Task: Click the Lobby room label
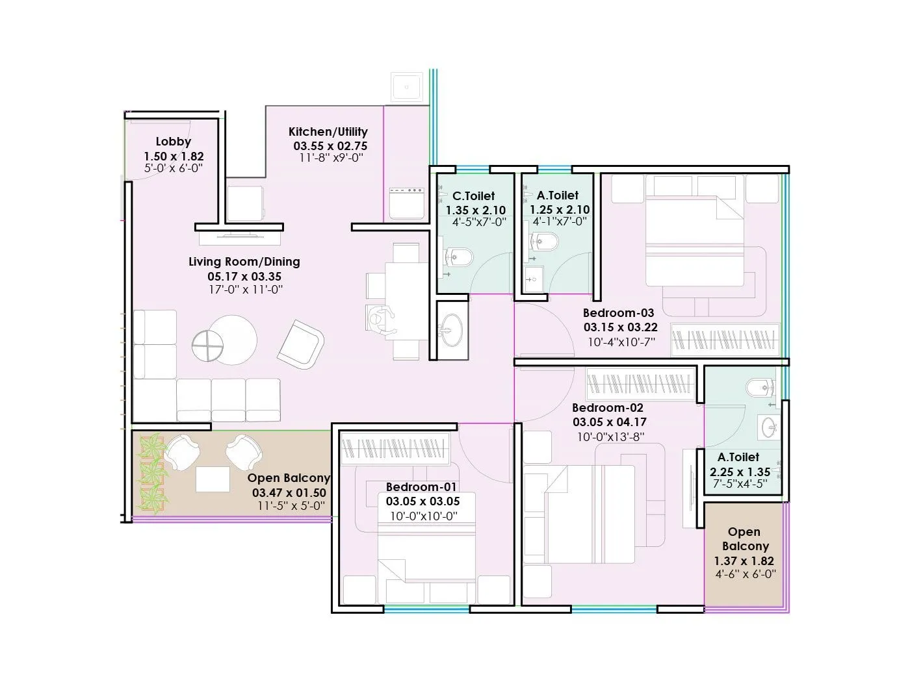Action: (173, 142)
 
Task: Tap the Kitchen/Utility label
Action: (328, 132)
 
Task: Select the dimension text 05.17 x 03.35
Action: (244, 276)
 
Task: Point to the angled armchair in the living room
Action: (300, 344)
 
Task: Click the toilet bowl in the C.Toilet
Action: (460, 257)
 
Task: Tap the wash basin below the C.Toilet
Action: (450, 330)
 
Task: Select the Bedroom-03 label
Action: (618, 313)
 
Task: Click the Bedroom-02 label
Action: (607, 408)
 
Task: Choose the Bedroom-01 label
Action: (421, 487)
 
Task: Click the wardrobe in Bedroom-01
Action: (396, 448)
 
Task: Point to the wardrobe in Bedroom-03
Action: (725, 338)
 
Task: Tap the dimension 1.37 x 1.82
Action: (744, 561)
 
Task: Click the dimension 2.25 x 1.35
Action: (740, 472)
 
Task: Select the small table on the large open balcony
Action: (213, 479)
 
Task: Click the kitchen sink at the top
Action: (407, 86)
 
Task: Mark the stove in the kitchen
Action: (406, 203)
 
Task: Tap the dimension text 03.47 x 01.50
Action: (289, 493)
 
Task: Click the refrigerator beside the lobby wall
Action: (245, 203)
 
